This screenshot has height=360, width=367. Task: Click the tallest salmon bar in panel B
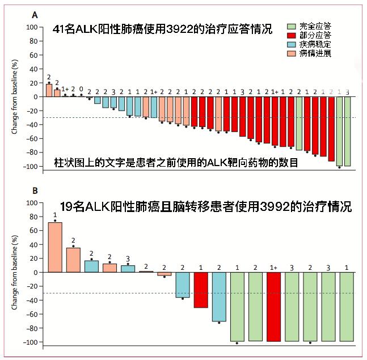click(x=55, y=247)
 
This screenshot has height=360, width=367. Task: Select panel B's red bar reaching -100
click(x=274, y=307)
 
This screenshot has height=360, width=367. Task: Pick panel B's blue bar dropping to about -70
click(x=219, y=297)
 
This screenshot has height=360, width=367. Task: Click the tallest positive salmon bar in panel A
click(x=49, y=90)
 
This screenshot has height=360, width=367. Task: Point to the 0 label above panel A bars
click(x=81, y=89)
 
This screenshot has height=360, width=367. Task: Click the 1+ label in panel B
click(x=273, y=267)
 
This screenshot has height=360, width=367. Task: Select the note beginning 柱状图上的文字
click(x=176, y=163)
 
